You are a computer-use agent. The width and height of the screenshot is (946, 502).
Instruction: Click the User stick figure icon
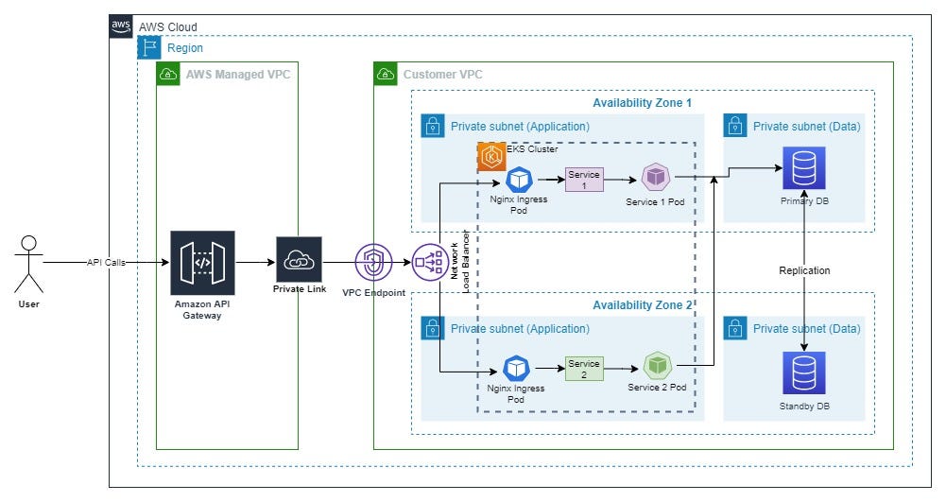point(30,265)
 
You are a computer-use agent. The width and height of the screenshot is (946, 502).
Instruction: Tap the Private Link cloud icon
point(299,260)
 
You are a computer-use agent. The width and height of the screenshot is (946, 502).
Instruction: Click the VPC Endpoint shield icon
point(372,262)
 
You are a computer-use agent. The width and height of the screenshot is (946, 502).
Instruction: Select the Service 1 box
point(583,179)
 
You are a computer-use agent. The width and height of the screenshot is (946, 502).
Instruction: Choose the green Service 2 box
point(583,368)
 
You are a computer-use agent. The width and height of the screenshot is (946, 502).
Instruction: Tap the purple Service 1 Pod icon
point(655,178)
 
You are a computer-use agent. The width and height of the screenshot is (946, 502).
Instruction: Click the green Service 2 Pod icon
point(657,366)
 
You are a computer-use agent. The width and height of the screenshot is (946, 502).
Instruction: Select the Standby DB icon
point(803,373)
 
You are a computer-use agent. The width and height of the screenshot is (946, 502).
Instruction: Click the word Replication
point(804,270)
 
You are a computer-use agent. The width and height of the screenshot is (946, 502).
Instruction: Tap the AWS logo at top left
point(122,27)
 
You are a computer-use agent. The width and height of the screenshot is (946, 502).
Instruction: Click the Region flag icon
point(149,47)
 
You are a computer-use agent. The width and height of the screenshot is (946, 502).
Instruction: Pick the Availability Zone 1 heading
point(642,102)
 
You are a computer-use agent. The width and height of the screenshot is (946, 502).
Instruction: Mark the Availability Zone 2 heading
point(642,305)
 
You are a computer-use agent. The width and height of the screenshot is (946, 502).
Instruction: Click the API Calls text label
point(105,262)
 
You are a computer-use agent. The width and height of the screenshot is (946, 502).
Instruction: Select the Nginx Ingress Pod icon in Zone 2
point(516,368)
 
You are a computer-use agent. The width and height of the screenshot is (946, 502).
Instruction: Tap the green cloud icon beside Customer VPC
point(386,74)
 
